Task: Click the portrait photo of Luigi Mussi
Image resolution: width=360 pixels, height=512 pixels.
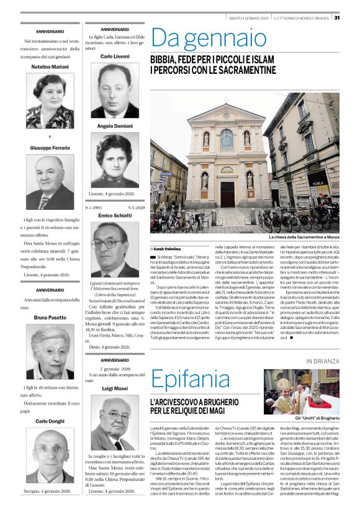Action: click(x=115, y=423)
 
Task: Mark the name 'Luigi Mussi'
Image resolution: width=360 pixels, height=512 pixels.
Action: click(x=115, y=388)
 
